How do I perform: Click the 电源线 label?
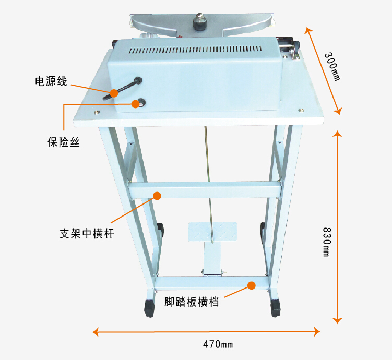[x=51, y=81]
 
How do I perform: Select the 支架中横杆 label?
[x=87, y=233]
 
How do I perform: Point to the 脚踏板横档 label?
[x=191, y=302]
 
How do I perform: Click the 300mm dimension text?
[x=331, y=67]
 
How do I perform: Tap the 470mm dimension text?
[x=218, y=344]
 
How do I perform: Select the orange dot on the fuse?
[x=136, y=104]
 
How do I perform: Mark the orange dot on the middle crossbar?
[x=157, y=196]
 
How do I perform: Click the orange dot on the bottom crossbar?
[x=252, y=285]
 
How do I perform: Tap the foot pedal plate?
[x=212, y=230]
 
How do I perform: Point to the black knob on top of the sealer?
[x=199, y=24]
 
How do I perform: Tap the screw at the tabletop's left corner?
[x=97, y=111]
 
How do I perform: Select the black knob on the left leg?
[x=160, y=228]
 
